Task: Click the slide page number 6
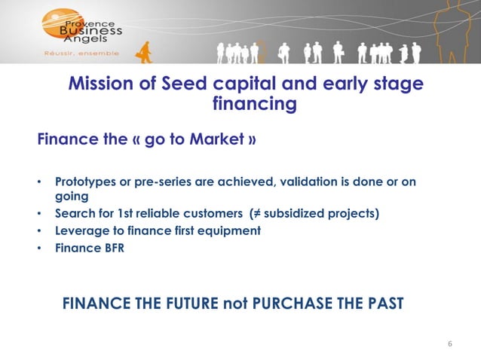[450, 344]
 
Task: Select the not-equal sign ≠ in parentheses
[261, 213]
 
